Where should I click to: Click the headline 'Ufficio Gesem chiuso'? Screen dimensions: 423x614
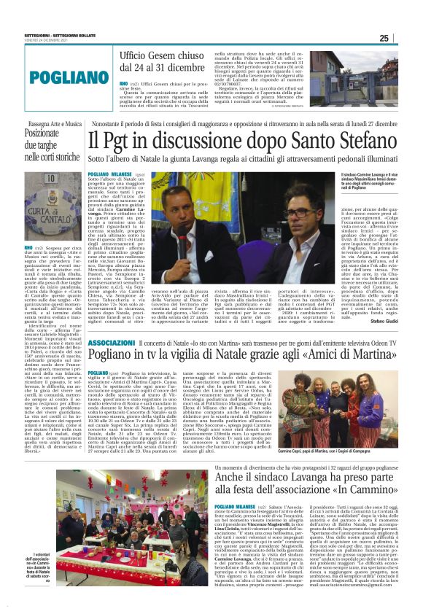pos(162,55)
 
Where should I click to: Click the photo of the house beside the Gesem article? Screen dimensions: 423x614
pos(328,71)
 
